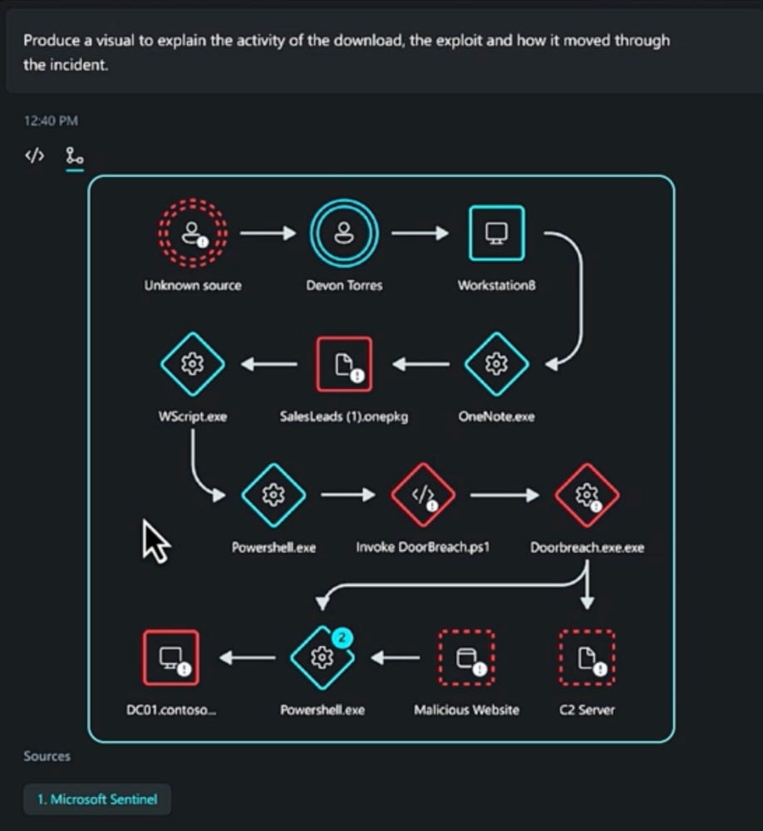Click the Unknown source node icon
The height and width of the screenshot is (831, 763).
(x=193, y=234)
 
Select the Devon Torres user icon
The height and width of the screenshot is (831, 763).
(x=344, y=234)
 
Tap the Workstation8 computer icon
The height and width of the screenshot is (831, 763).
(x=497, y=234)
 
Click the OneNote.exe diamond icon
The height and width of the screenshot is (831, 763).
(x=496, y=364)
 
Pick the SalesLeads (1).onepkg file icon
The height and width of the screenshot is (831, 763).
(x=344, y=364)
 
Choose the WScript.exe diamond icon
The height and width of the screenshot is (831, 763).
(x=193, y=364)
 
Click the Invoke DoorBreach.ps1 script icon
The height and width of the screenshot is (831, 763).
(x=422, y=495)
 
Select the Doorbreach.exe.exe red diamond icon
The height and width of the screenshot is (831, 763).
(x=587, y=495)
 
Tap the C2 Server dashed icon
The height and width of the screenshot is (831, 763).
(x=587, y=657)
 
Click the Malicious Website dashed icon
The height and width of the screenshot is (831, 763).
(x=466, y=657)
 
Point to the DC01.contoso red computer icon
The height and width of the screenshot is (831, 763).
(x=170, y=657)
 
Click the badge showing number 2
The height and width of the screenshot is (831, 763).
(x=342, y=637)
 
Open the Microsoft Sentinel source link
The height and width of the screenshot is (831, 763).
(x=97, y=799)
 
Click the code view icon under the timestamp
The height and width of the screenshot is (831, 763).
(x=34, y=156)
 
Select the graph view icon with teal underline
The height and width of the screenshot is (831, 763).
(x=74, y=156)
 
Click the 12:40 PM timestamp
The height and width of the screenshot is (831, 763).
(x=51, y=120)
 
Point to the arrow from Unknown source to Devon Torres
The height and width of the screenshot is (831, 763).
(x=268, y=234)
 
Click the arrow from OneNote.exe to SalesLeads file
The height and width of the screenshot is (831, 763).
(x=421, y=364)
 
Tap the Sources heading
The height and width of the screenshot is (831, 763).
(x=47, y=756)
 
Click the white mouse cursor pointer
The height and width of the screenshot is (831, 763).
(x=155, y=542)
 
